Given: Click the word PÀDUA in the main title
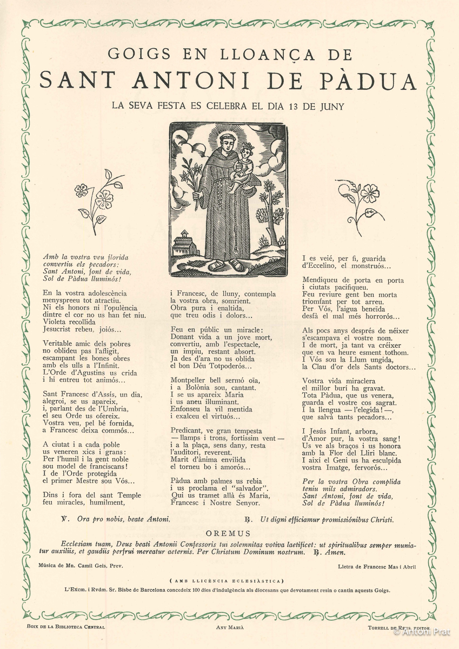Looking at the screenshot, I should (x=373, y=81).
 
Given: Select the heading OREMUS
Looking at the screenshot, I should (x=229, y=534).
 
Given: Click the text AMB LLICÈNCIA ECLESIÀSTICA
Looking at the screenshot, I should (x=229, y=581).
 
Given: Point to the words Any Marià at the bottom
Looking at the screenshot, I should (x=230, y=627).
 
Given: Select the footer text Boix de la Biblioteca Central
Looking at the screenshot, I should (x=65, y=627).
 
